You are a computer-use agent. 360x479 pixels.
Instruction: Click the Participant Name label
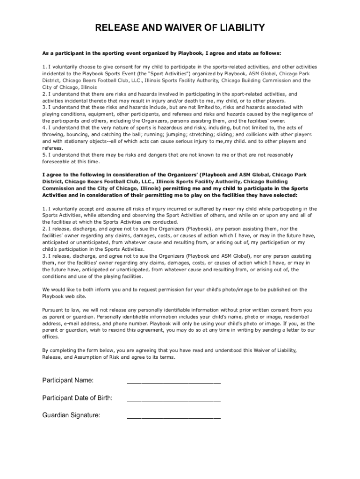(x=68, y=380)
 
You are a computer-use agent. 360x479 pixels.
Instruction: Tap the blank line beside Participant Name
(x=174, y=383)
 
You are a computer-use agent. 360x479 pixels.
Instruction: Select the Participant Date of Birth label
(x=77, y=398)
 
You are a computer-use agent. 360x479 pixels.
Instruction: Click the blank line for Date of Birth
(x=174, y=401)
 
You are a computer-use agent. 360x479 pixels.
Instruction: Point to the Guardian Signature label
(x=71, y=415)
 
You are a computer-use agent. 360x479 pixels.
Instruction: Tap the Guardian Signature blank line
(x=174, y=418)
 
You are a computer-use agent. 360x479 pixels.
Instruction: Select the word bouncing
(x=75, y=134)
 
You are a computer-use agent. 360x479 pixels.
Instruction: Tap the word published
(x=268, y=290)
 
